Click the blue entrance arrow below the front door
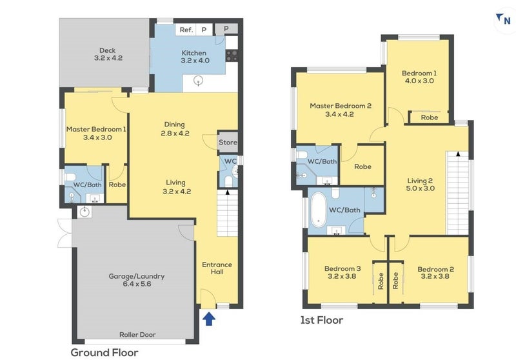click(x=208, y=319)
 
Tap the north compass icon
click(x=504, y=20)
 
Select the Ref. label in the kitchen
click(x=186, y=30)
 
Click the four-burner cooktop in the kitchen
click(x=232, y=55)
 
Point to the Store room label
click(x=228, y=143)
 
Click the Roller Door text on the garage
click(x=137, y=335)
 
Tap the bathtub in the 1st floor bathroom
click(x=318, y=210)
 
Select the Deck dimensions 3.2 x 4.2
click(x=108, y=58)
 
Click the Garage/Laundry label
click(x=137, y=276)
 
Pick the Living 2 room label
click(x=420, y=181)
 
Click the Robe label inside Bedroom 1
click(x=430, y=117)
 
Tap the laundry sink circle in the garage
click(x=85, y=211)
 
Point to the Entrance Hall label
click(x=217, y=268)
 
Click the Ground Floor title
click(x=104, y=353)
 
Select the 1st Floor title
click(x=321, y=320)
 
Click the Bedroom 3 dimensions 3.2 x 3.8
click(x=342, y=276)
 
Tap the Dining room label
click(x=174, y=125)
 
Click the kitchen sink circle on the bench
click(x=199, y=80)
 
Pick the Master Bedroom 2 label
click(x=341, y=106)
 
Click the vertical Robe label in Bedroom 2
click(x=395, y=281)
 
